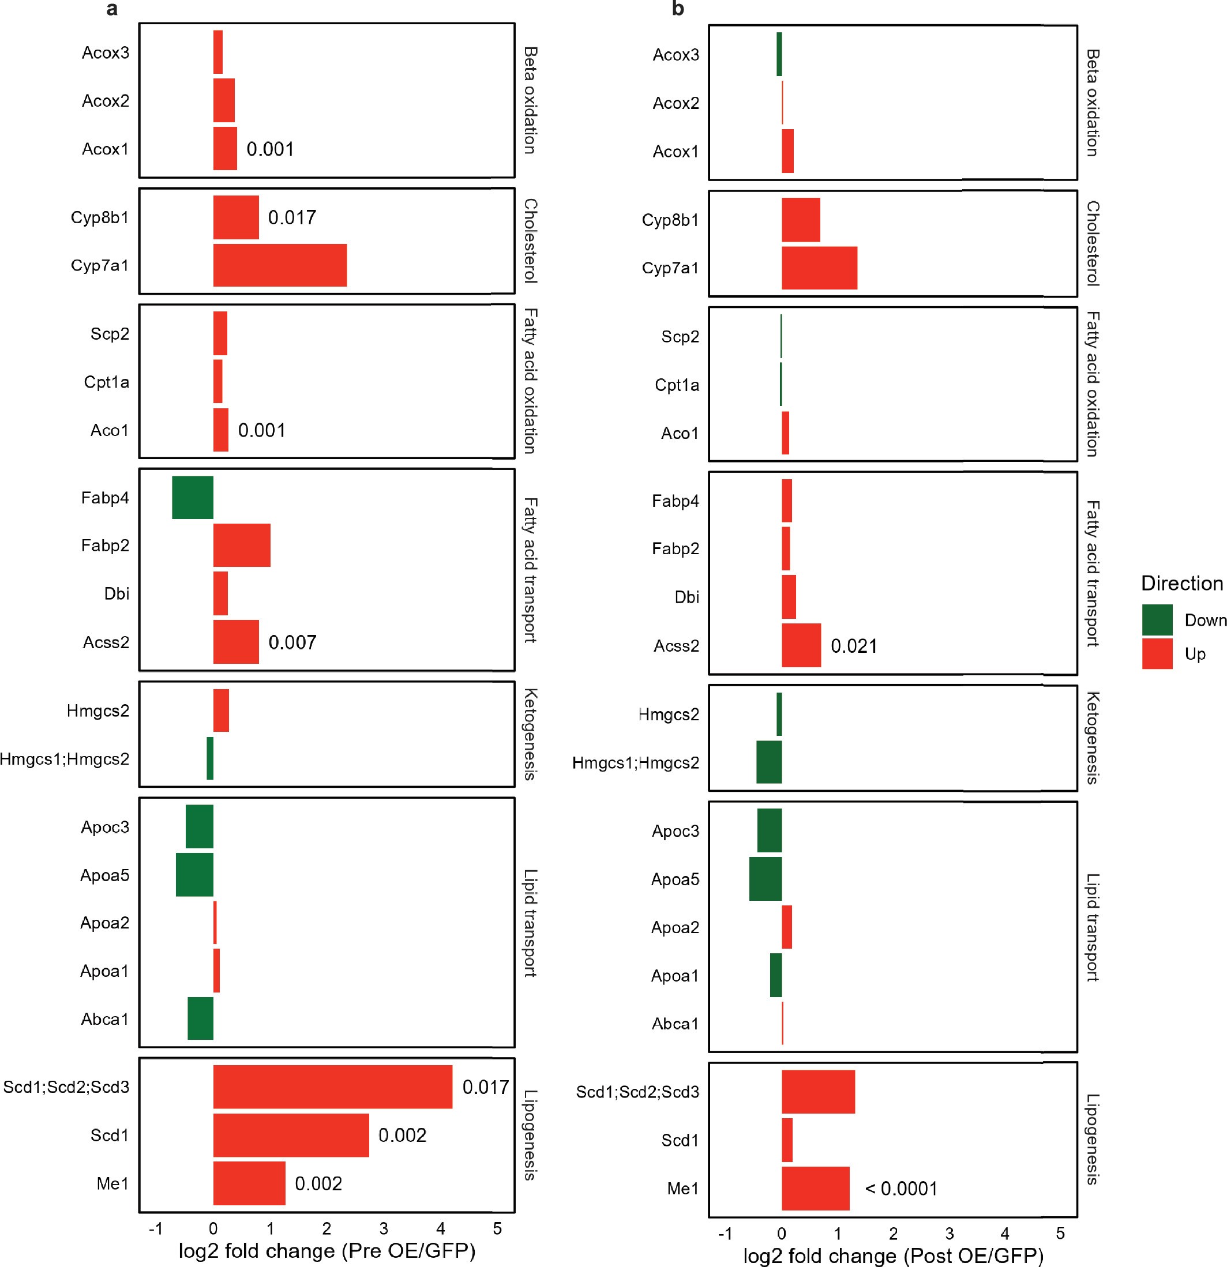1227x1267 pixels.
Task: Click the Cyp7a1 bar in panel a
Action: pyautogui.click(x=280, y=265)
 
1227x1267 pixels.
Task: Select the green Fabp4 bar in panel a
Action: pyautogui.click(x=193, y=497)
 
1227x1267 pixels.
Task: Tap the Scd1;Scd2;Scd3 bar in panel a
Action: pyautogui.click(x=332, y=1086)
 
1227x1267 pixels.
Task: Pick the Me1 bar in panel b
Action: pyautogui.click(x=815, y=1188)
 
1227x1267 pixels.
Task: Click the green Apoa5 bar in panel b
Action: pyautogui.click(x=766, y=878)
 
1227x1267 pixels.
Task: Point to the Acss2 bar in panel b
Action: pyautogui.click(x=801, y=645)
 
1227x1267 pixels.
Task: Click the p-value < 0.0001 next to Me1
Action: pyautogui.click(x=901, y=1188)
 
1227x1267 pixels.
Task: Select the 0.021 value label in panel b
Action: pyautogui.click(x=853, y=646)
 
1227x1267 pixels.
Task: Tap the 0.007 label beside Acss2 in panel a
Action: pyautogui.click(x=292, y=642)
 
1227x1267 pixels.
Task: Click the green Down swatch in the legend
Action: pyautogui.click(x=1157, y=620)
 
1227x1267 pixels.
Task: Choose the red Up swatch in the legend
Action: pyautogui.click(x=1157, y=653)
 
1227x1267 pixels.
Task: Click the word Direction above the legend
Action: pyautogui.click(x=1182, y=583)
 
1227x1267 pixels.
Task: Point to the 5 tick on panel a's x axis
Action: pyautogui.click(x=497, y=1228)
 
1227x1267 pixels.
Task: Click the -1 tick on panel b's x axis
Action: pyautogui.click(x=725, y=1234)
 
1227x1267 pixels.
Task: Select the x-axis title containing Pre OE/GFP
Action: pyautogui.click(x=327, y=1251)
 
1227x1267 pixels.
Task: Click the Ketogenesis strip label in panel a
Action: pyautogui.click(x=530, y=734)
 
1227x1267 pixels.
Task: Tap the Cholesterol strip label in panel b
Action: pyautogui.click(x=1093, y=243)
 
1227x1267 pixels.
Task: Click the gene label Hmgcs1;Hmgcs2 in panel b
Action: pyautogui.click(x=636, y=763)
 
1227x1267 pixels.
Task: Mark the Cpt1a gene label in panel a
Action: pyautogui.click(x=107, y=382)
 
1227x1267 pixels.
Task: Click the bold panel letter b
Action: pyautogui.click(x=677, y=9)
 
